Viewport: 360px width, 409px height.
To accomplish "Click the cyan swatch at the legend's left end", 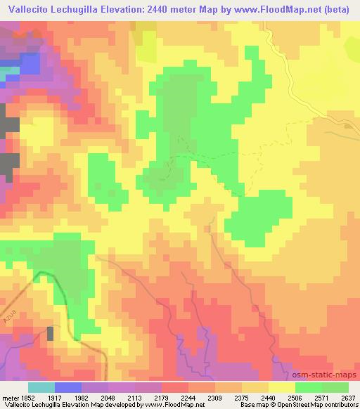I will coord(41,387).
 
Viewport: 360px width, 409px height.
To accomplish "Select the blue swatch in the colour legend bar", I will coord(68,387).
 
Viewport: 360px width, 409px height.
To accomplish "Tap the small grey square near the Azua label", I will coord(50,333).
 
